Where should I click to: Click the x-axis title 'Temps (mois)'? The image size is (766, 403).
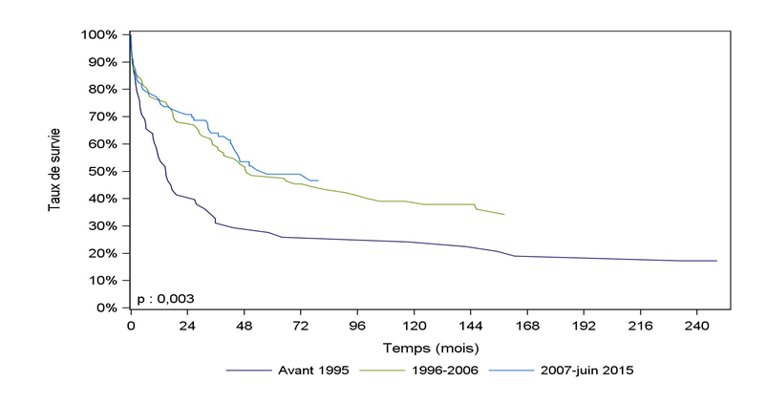click(x=431, y=348)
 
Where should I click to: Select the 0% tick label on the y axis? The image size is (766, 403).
click(x=106, y=308)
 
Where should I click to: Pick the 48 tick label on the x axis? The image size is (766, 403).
click(x=244, y=325)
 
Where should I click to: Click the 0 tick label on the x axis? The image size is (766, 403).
click(x=131, y=325)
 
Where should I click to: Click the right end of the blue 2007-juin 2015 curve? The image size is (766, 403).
click(x=318, y=180)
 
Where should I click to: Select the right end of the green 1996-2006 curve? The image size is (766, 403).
click(x=503, y=214)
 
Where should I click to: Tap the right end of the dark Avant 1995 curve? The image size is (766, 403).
click(x=716, y=261)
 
